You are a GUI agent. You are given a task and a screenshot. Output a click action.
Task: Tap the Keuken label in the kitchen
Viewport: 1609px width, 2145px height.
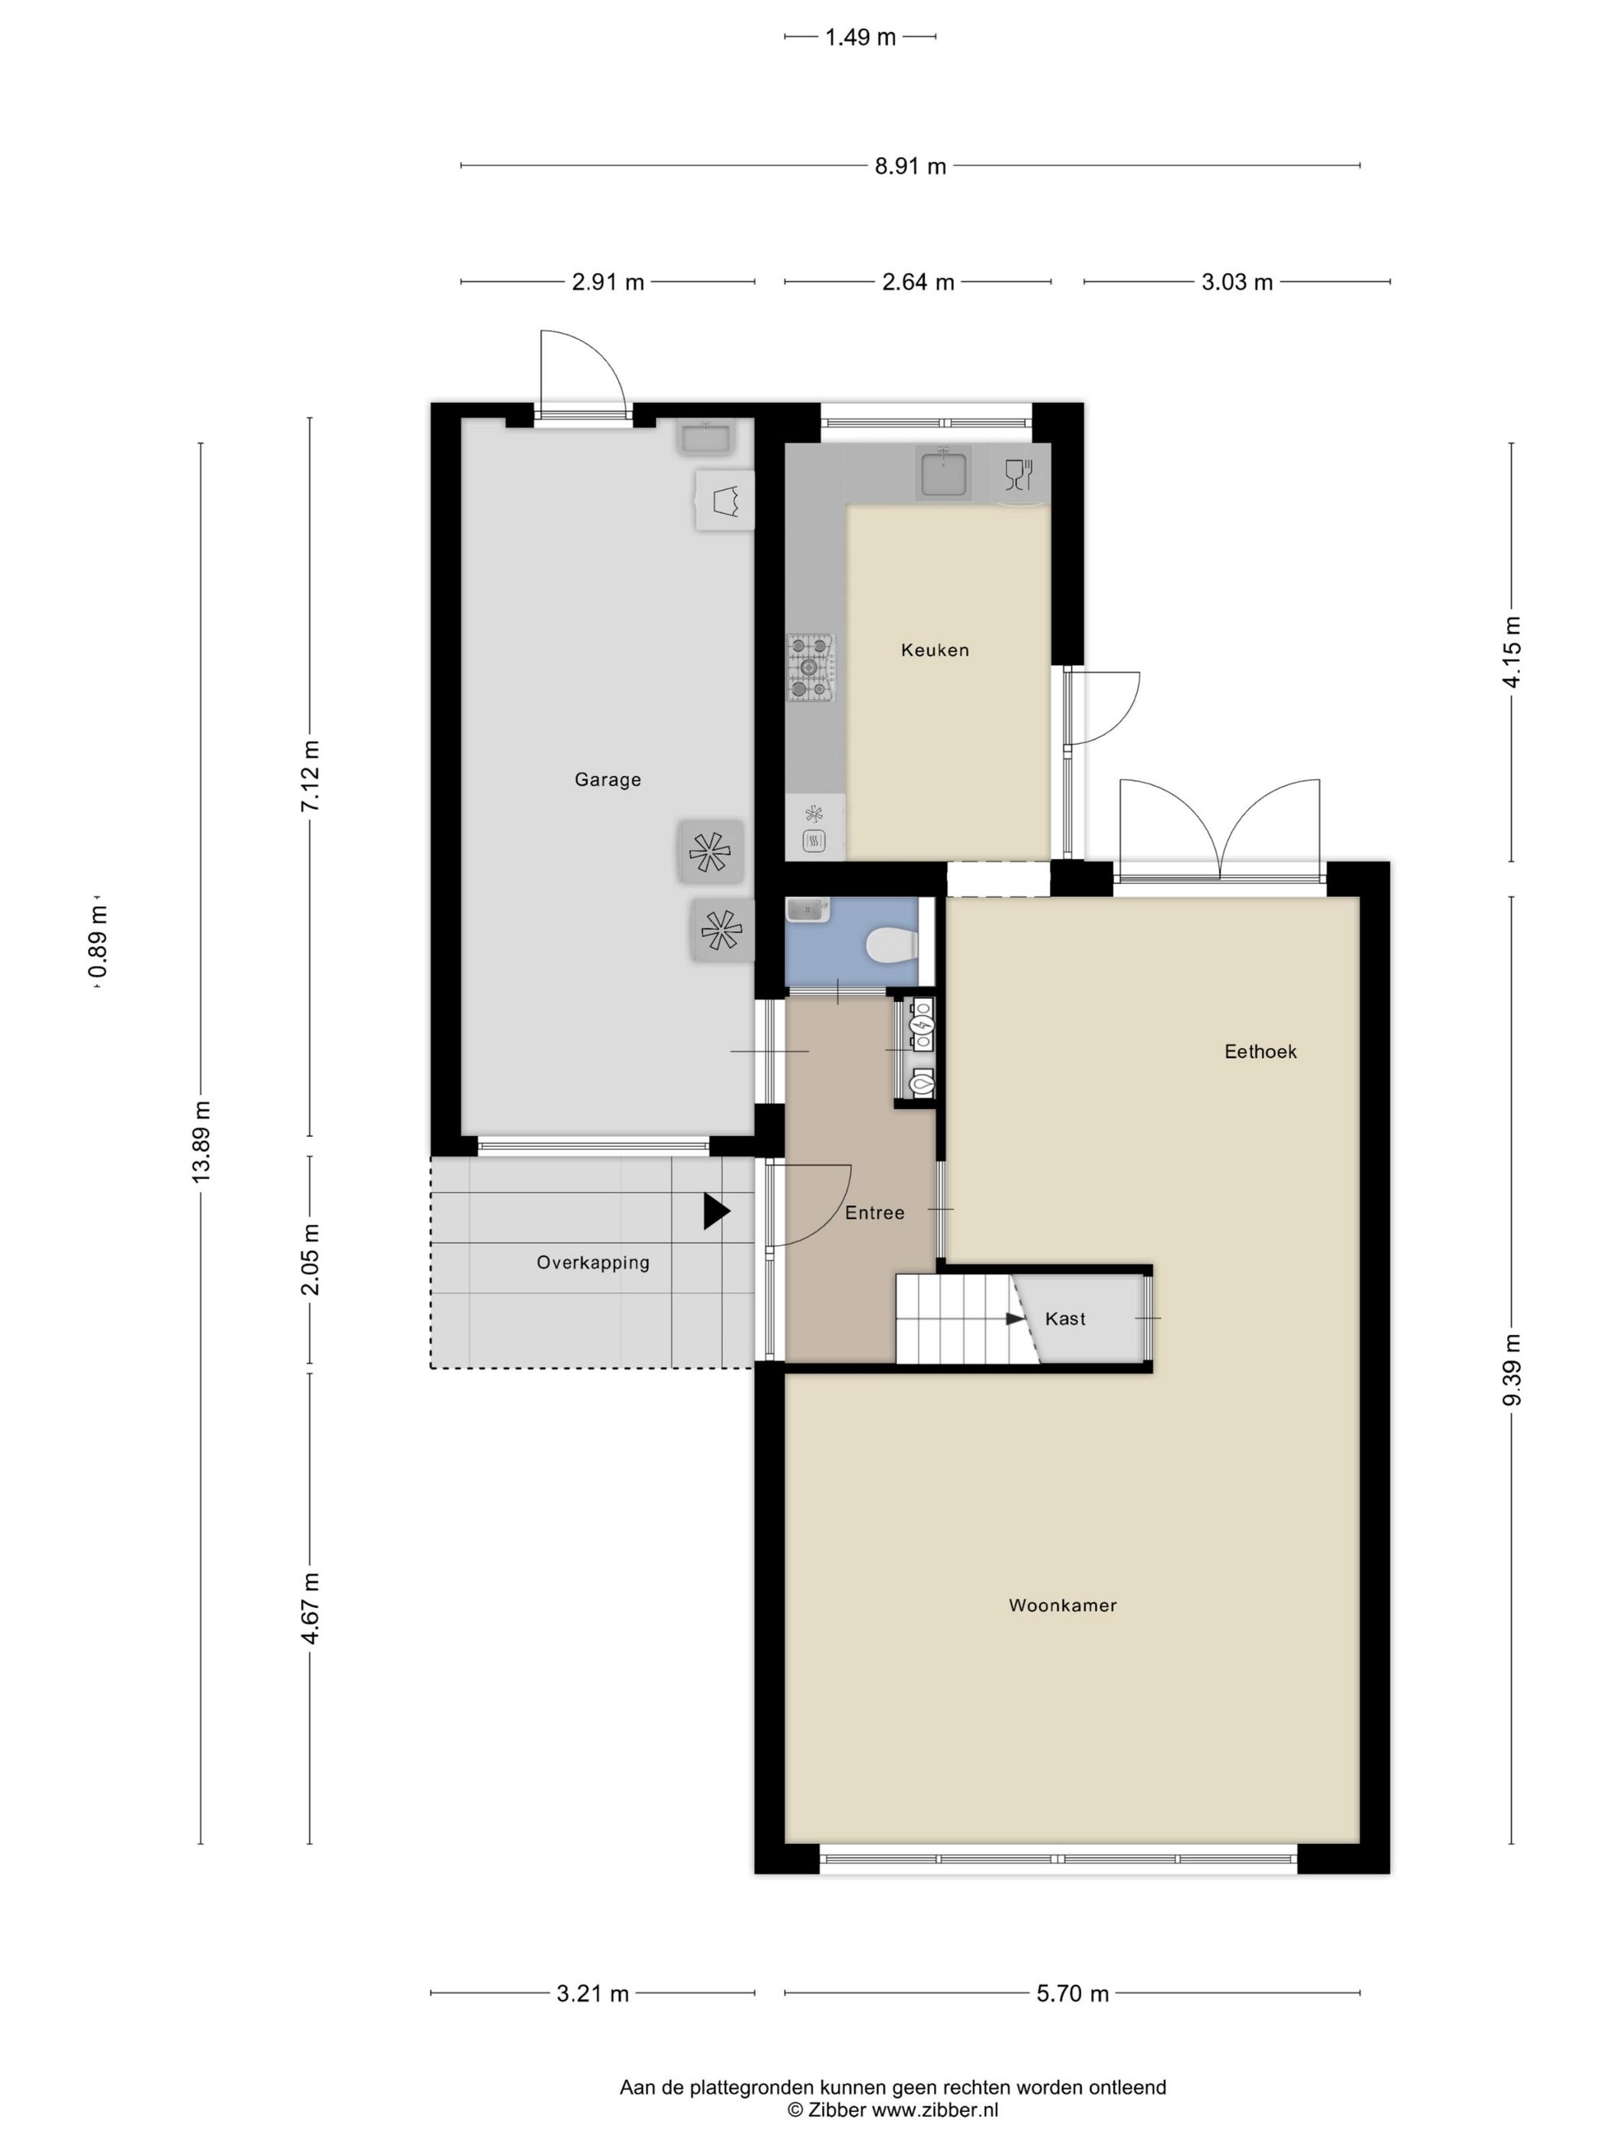click(x=935, y=650)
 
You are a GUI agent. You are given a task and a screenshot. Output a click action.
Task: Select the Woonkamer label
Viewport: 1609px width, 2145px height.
click(x=1063, y=1605)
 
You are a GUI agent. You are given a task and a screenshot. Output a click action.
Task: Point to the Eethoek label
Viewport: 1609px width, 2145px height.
click(x=1260, y=1051)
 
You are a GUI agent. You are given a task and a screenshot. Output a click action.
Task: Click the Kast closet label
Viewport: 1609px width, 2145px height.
click(x=1065, y=1319)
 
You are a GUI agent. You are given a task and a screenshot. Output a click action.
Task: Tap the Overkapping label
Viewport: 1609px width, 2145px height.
click(x=592, y=1262)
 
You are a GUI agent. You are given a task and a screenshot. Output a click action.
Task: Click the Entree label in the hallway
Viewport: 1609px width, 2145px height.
click(x=874, y=1212)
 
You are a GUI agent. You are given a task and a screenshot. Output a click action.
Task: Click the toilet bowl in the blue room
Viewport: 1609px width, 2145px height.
click(x=890, y=945)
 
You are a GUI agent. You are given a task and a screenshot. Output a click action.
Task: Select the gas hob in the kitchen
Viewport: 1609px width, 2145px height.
click(x=810, y=666)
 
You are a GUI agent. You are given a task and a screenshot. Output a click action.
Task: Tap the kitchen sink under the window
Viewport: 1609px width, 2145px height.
click(x=942, y=473)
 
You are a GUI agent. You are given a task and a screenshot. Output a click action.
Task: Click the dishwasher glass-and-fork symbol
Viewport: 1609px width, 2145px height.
click(x=1018, y=474)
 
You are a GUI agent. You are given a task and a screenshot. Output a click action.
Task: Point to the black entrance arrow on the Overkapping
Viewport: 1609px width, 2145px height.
click(x=716, y=1211)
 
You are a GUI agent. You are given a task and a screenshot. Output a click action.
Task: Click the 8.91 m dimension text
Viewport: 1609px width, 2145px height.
click(x=909, y=165)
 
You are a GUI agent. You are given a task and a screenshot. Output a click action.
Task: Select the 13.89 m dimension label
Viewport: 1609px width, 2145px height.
click(x=201, y=1141)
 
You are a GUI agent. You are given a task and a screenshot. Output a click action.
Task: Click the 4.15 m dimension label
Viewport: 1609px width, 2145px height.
click(x=1511, y=652)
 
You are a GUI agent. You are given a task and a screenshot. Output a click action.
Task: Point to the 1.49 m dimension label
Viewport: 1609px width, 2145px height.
click(x=860, y=37)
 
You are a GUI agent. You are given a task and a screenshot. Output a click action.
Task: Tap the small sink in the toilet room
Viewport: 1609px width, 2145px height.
click(x=806, y=909)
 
